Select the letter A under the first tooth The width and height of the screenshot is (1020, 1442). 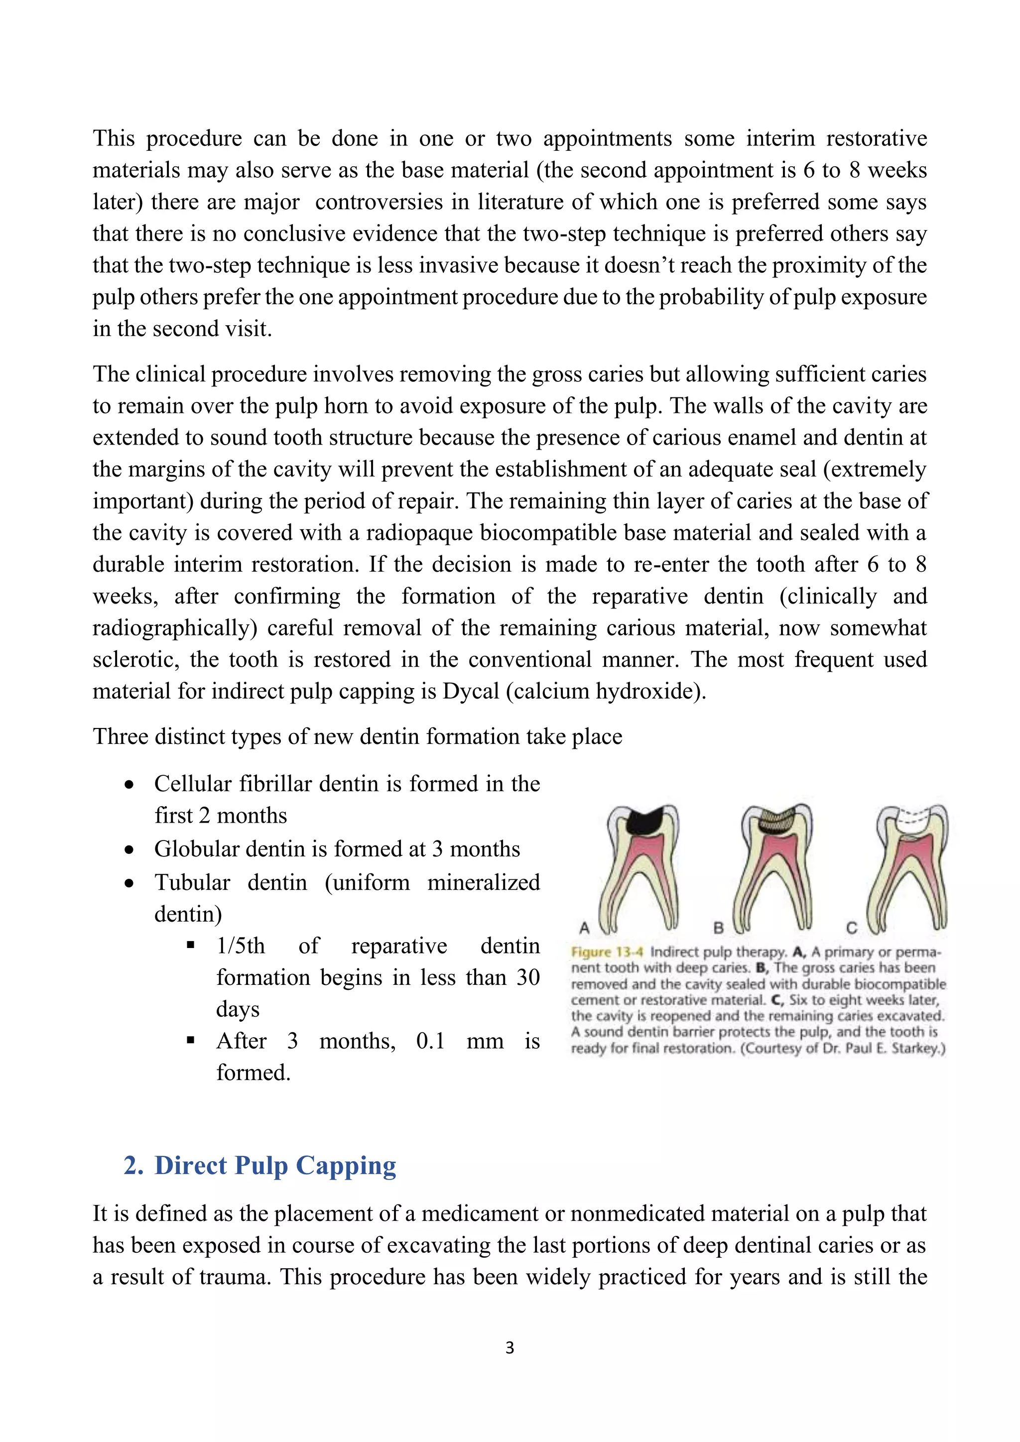point(584,928)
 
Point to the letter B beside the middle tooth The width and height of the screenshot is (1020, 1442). point(719,928)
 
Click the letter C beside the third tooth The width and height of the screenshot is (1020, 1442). point(852,928)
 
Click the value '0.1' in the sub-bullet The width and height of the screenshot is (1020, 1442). point(430,1041)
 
